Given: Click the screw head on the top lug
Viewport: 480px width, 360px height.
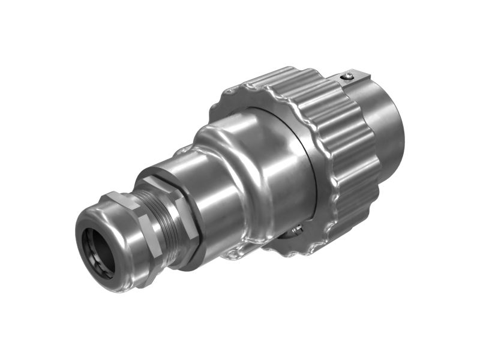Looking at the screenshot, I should [346, 76].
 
